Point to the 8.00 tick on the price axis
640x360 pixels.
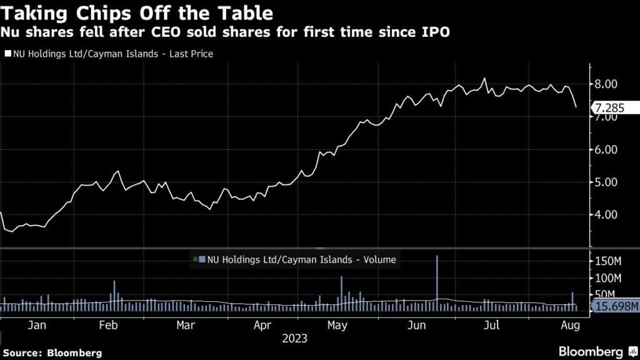click(x=606, y=84)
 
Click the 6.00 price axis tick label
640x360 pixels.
click(x=606, y=149)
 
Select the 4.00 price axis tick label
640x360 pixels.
click(x=606, y=214)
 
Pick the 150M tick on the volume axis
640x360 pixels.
click(x=607, y=259)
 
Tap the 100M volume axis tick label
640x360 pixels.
click(x=607, y=277)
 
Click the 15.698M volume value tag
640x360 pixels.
click(x=616, y=306)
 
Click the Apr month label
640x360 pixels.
click(x=263, y=325)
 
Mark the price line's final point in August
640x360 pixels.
click(x=576, y=107)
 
